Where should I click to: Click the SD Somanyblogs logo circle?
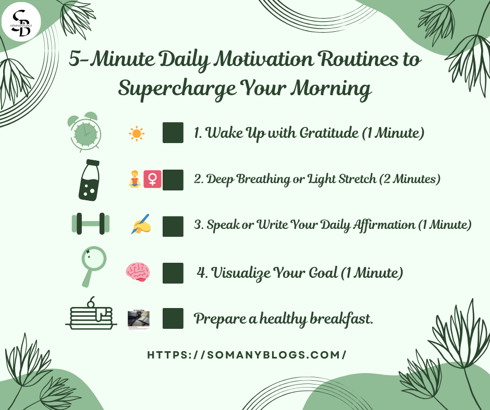point(21,22)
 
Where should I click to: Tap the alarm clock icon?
point(84,132)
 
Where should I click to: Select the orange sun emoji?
point(137,134)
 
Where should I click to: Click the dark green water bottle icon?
point(89,180)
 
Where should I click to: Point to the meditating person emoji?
point(134,179)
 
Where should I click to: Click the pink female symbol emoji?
point(153,179)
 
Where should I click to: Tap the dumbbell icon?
point(91,224)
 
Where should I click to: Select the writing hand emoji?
point(141,224)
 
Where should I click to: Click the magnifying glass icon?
point(93,266)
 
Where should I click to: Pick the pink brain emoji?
point(138,272)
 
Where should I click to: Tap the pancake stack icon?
point(91,313)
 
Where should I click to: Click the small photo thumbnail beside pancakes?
point(139,319)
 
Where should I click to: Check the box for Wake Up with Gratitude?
point(173,133)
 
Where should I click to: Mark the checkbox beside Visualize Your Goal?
point(173,273)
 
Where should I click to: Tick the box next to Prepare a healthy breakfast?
point(173,318)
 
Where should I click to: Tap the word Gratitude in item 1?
point(329,133)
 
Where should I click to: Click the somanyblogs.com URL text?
point(247,355)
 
